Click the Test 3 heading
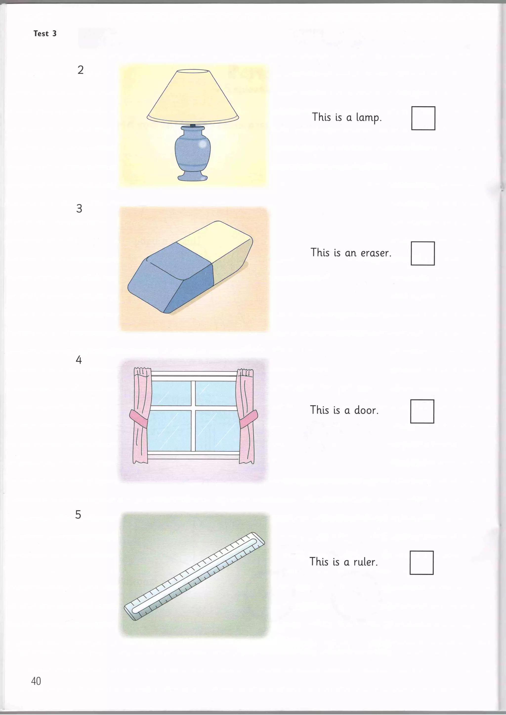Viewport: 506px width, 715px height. click(x=45, y=33)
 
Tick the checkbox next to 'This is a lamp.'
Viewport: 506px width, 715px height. click(x=423, y=118)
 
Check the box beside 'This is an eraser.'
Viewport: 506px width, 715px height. click(x=422, y=253)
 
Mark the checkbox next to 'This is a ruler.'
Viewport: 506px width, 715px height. click(x=421, y=563)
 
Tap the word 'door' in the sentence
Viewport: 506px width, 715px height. click(x=366, y=411)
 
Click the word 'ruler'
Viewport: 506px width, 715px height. click(x=365, y=562)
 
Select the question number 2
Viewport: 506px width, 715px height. click(x=80, y=70)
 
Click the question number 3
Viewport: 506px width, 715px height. click(x=79, y=209)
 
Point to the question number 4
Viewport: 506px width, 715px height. click(x=79, y=360)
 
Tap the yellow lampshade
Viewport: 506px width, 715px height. click(x=192, y=97)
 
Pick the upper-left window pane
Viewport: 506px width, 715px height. click(x=171, y=393)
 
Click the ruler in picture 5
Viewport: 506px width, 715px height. click(x=194, y=576)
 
